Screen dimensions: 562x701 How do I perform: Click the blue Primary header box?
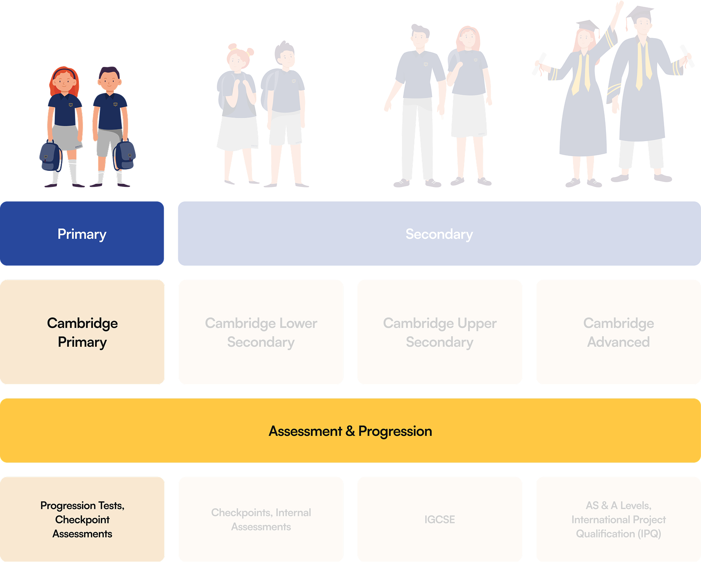click(x=82, y=234)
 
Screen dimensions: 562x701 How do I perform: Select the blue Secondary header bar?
click(x=439, y=234)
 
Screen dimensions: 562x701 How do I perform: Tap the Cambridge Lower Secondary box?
click(x=261, y=332)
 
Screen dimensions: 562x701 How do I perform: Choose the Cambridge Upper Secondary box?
click(x=440, y=332)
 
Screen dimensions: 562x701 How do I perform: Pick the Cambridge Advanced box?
click(x=618, y=332)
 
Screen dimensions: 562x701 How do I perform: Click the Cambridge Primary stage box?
click(x=82, y=332)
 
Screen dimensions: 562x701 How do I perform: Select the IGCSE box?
click(x=440, y=519)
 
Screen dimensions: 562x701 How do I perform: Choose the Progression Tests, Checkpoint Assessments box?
click(x=82, y=519)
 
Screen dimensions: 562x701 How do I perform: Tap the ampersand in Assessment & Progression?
click(x=350, y=431)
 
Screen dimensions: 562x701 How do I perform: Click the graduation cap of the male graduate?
click(x=639, y=13)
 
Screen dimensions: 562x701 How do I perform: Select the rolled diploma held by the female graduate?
click(x=538, y=64)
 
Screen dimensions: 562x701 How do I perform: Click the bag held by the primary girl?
click(x=50, y=156)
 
